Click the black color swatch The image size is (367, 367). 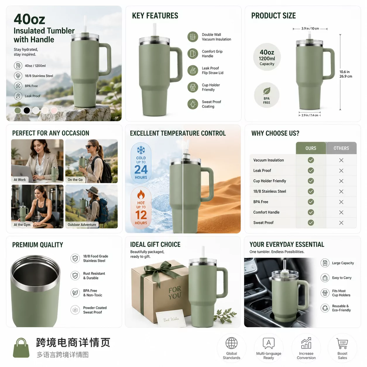[27, 110]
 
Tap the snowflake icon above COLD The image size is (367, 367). [141, 150]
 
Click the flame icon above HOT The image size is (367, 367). [141, 194]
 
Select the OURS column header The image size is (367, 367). [311, 148]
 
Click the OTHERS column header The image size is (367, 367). [341, 148]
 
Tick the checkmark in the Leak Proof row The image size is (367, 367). [311, 170]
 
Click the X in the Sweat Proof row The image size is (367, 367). [341, 223]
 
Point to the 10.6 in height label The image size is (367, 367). [344, 72]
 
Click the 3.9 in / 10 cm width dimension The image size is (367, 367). [310, 29]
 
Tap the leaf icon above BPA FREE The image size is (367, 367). [267, 91]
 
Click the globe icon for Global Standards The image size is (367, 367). [231, 343]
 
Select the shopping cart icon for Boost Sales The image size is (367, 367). [342, 343]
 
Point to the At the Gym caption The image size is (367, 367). [22, 224]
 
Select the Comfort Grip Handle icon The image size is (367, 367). [193, 54]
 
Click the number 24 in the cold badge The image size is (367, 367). [141, 169]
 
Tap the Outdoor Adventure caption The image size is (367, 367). [82, 224]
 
